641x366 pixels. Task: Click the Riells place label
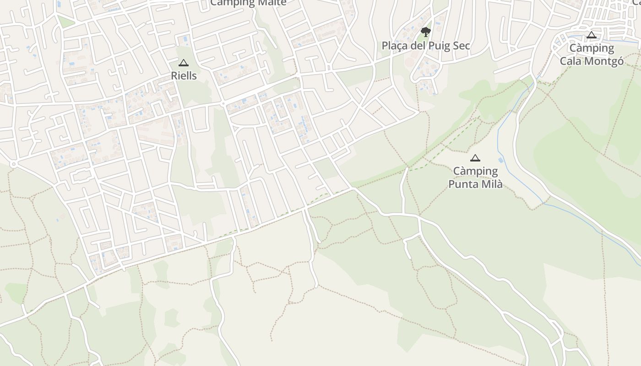point(184,75)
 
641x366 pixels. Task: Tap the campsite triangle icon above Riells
point(184,63)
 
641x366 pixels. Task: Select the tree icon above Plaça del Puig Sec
point(426,32)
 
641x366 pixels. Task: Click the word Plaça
point(395,46)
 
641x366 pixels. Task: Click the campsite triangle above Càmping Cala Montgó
point(592,35)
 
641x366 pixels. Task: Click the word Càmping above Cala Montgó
point(592,48)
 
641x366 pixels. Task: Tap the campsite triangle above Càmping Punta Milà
point(475,158)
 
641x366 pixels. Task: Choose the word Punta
point(463,184)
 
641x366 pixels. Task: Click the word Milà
point(491,184)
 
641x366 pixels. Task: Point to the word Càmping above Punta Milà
point(475,171)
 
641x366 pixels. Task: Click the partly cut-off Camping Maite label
point(248,3)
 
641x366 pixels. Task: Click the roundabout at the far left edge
point(13,164)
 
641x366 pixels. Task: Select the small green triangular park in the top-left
point(65,22)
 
